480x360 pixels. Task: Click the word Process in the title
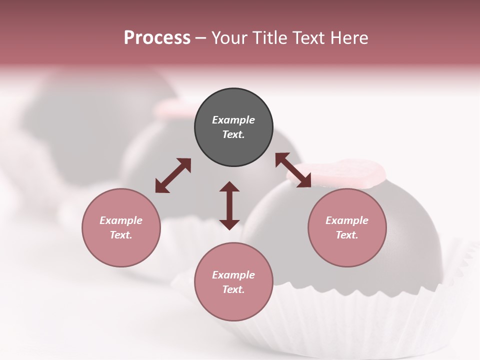tap(157, 38)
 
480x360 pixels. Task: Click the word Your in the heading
tap(229, 38)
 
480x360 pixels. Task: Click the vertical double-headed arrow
tap(229, 205)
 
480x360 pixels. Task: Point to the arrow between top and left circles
tap(173, 175)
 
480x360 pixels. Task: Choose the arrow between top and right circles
tap(293, 170)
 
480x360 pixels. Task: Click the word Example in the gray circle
tap(233, 120)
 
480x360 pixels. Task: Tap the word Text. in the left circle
tap(121, 235)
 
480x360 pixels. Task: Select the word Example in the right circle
tap(347, 220)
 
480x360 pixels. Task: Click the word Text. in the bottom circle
tap(233, 289)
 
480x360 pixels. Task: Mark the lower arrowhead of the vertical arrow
tap(229, 224)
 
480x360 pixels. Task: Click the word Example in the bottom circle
tap(233, 275)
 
